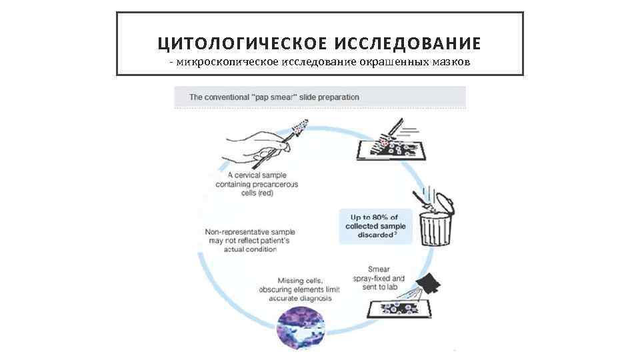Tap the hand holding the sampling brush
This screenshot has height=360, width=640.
pos(257,143)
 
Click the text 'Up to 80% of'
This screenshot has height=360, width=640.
pos(374,217)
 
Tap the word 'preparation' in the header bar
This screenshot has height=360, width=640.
pos(338,97)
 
